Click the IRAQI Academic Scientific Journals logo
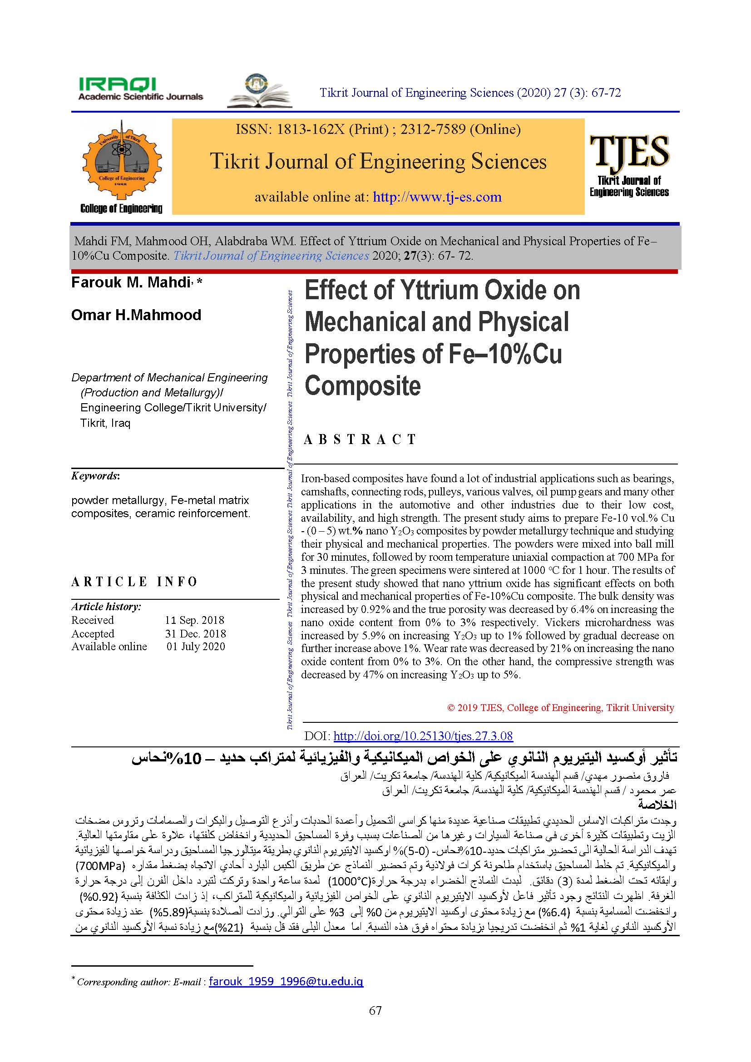140,89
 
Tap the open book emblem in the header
259,91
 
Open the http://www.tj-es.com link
437,197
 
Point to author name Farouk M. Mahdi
131,282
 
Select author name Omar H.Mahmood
136,315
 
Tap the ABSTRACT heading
360,439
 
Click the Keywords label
95,476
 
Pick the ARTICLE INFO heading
134,582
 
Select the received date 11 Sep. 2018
194,620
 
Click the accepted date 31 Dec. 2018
195,634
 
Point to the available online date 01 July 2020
196,647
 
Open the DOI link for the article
423,736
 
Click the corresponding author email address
286,982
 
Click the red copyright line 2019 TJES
560,708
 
